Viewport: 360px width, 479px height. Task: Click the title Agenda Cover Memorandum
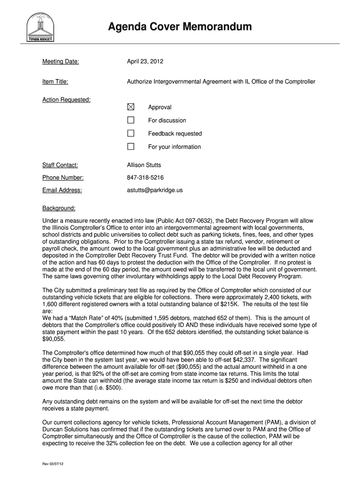coord(180,27)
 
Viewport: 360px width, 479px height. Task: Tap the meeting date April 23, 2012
coord(145,61)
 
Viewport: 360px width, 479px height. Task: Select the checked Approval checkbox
coord(131,107)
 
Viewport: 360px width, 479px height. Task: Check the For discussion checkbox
coord(131,120)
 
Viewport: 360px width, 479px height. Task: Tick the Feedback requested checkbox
coord(131,133)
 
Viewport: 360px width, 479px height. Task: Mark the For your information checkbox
coord(131,146)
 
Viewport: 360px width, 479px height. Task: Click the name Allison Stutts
coord(144,165)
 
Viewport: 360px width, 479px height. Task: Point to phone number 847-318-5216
coord(145,178)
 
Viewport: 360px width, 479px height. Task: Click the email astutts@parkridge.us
coord(155,190)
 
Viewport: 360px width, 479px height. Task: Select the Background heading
coord(59,208)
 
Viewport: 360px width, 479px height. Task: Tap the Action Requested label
coord(66,100)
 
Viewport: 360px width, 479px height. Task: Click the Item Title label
coord(55,82)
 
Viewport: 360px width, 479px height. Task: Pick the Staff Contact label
coord(60,165)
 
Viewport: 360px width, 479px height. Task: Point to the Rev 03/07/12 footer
coord(52,464)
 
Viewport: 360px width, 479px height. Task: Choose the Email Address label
coord(62,190)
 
